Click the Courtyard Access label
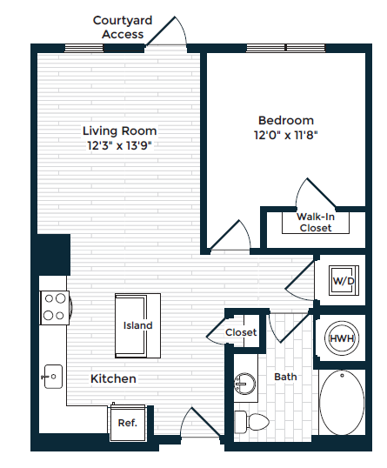pyautogui.click(x=123, y=28)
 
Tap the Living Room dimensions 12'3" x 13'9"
pyautogui.click(x=120, y=146)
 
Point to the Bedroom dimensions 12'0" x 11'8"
pyautogui.click(x=286, y=135)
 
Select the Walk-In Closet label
pyautogui.click(x=316, y=223)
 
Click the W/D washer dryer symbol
pyautogui.click(x=344, y=281)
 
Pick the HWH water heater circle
pyautogui.click(x=342, y=338)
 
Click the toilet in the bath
pyautogui.click(x=251, y=422)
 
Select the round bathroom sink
pyautogui.click(x=245, y=384)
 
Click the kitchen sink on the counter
pyautogui.click(x=53, y=377)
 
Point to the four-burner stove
pyautogui.click(x=55, y=307)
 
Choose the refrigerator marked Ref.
pyautogui.click(x=128, y=423)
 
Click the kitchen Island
pyautogui.click(x=138, y=325)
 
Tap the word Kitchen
pyautogui.click(x=113, y=378)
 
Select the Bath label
pyautogui.click(x=285, y=377)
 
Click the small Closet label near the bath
pyautogui.click(x=241, y=332)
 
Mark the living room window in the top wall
pyautogui.click(x=84, y=48)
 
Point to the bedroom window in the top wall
pyautogui.click(x=285, y=48)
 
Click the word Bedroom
pyautogui.click(x=286, y=121)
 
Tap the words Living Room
pyautogui.click(x=120, y=131)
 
